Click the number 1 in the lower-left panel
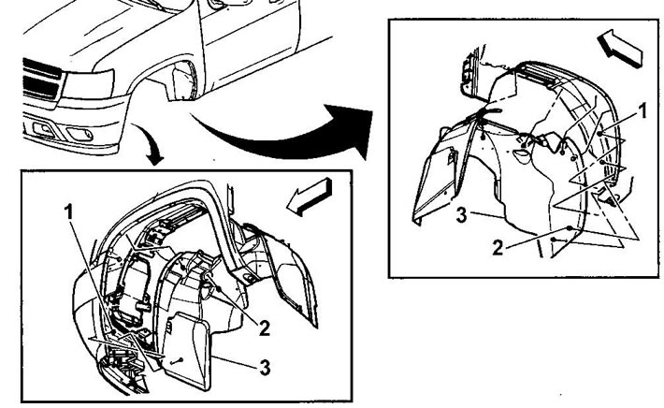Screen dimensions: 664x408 (69, 211)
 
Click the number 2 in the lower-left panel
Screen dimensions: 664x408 (265, 328)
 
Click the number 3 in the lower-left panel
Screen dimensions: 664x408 (265, 368)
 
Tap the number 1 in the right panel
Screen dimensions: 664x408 (642, 111)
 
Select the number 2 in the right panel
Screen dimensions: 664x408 (498, 248)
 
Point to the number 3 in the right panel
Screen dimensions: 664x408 (462, 215)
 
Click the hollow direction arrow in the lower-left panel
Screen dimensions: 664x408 (309, 197)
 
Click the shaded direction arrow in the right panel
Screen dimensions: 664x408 (620, 49)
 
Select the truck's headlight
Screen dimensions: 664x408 (89, 84)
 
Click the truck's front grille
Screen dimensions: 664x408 (41, 80)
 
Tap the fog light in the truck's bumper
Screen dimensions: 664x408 (80, 134)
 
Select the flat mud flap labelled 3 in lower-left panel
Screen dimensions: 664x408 (186, 350)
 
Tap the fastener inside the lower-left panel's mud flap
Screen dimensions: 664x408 (177, 361)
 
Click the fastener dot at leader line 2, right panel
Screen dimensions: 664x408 (570, 228)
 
